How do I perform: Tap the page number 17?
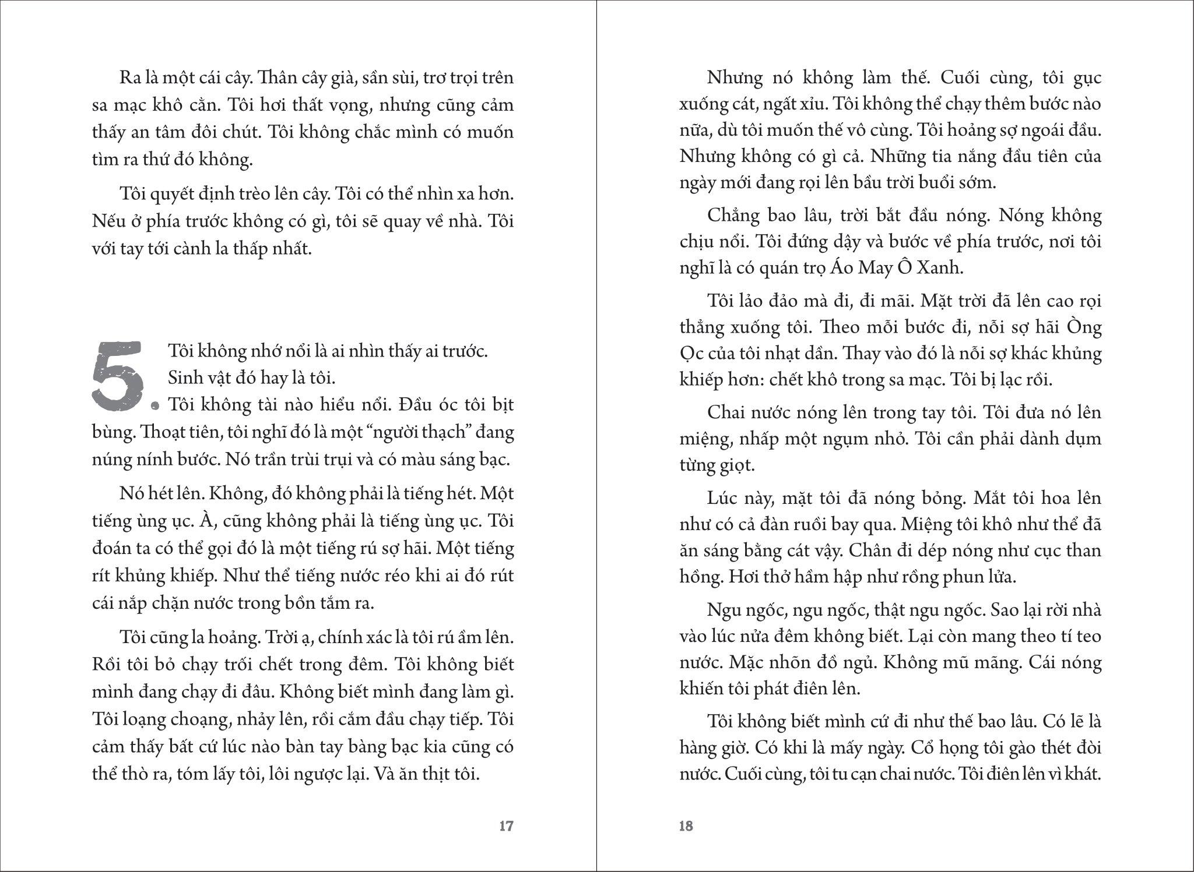506,826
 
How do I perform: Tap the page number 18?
686,826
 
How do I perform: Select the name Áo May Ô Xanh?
895,267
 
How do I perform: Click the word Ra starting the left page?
129,78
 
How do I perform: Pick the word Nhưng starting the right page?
736,78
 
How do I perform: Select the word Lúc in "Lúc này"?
723,499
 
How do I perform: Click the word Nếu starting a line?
107,222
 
